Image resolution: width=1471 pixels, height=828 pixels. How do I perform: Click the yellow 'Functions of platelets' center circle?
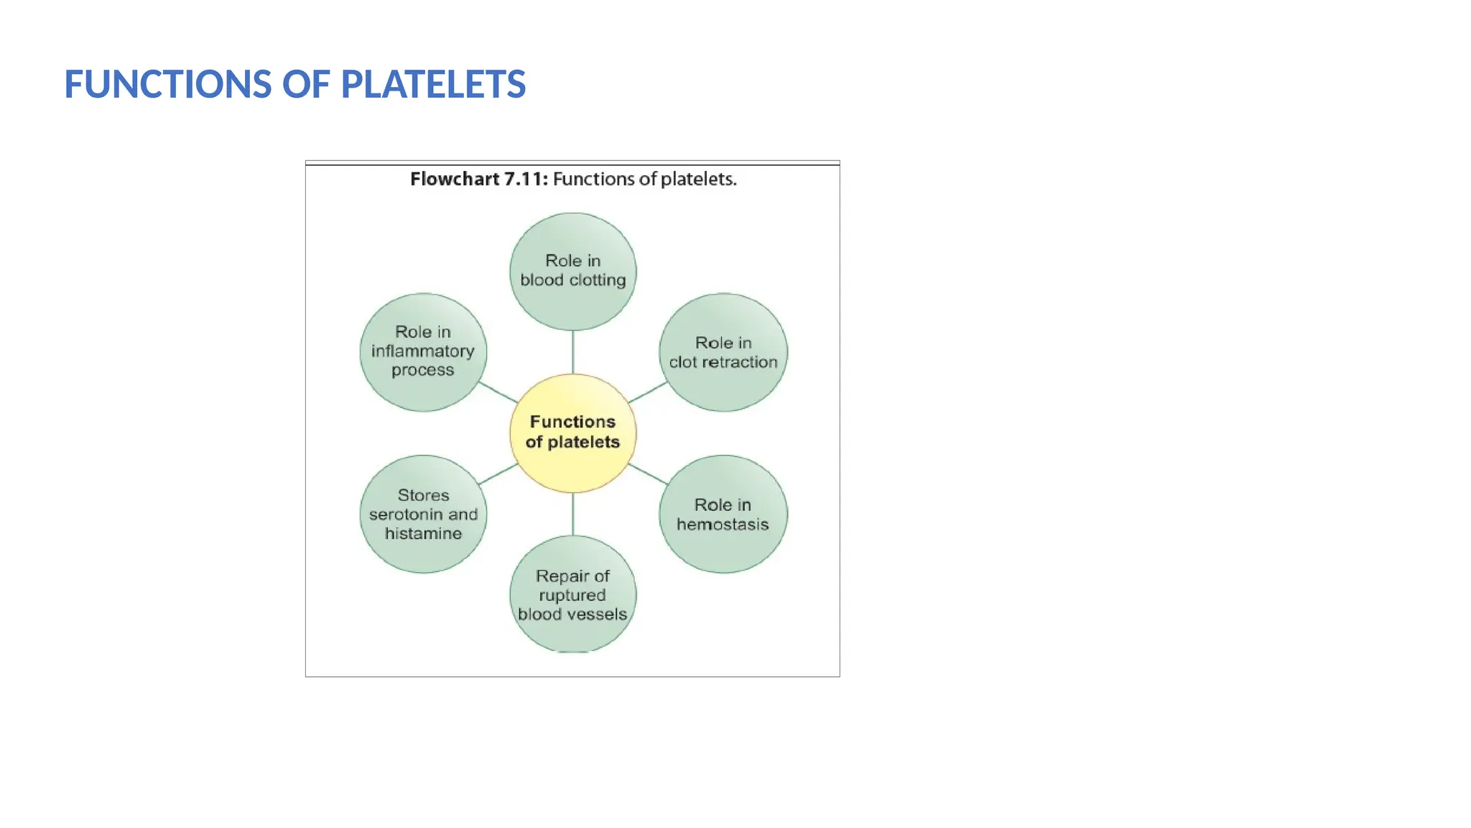[x=572, y=433]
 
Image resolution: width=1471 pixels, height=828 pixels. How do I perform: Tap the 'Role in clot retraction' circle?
[x=723, y=352]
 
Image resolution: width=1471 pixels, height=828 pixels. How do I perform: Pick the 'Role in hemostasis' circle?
[x=723, y=514]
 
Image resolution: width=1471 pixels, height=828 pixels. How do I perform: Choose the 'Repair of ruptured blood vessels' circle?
[x=572, y=594]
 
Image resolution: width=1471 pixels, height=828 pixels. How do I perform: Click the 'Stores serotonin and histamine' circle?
[x=423, y=514]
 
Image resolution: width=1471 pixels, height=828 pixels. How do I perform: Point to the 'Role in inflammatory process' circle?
[x=423, y=351]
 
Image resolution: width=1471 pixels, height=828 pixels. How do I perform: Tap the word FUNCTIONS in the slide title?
[x=168, y=84]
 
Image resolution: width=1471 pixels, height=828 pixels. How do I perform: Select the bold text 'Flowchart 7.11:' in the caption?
[x=478, y=179]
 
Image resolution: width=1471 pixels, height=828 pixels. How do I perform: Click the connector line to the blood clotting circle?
[x=572, y=352]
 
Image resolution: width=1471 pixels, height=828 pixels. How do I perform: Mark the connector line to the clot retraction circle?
[x=648, y=392]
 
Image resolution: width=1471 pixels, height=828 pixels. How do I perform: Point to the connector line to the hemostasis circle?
[x=648, y=474]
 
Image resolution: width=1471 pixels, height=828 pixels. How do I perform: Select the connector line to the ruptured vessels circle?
[x=572, y=514]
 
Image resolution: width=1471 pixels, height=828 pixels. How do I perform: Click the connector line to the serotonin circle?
[x=498, y=474]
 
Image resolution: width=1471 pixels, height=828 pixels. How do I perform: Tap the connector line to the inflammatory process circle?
[x=498, y=392]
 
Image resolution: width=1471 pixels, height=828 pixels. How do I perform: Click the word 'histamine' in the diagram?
[x=423, y=533]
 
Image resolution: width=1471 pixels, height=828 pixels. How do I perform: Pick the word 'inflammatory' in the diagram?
[x=423, y=351]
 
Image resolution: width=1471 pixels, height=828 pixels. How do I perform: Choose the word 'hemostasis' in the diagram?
[x=723, y=525]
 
